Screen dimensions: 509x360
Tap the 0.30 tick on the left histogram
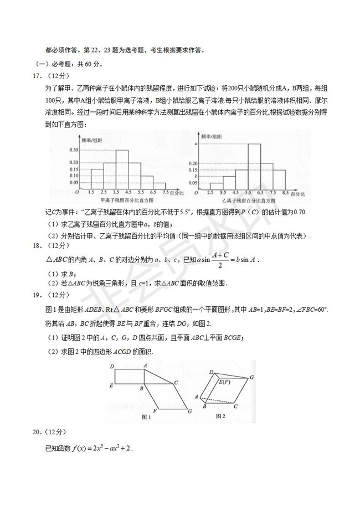(73, 150)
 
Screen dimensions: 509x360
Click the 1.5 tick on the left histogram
(90, 192)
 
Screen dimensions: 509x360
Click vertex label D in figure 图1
(112, 366)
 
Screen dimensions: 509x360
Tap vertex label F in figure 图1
(155, 410)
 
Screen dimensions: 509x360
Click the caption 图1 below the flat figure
(147, 417)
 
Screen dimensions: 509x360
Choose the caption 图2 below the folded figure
(222, 415)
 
